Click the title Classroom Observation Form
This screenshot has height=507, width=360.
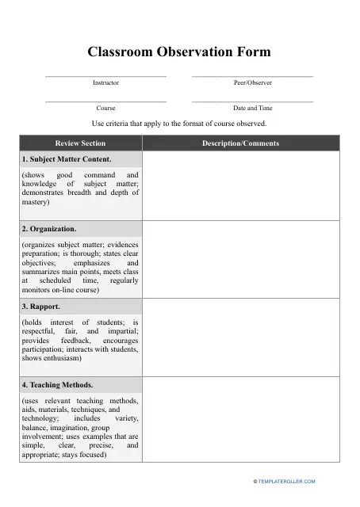pyautogui.click(x=179, y=52)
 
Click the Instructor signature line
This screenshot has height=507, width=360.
pyautogui.click(x=105, y=76)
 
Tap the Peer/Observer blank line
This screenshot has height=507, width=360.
pyautogui.click(x=252, y=76)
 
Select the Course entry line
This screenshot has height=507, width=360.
pyautogui.click(x=105, y=101)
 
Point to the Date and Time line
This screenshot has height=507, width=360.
pyautogui.click(x=252, y=101)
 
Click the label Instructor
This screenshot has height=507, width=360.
pyautogui.click(x=105, y=82)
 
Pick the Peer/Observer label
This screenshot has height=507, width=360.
pyautogui.click(x=252, y=82)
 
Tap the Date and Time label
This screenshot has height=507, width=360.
pyautogui.click(x=252, y=108)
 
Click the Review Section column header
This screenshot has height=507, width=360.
pyautogui.click(x=80, y=143)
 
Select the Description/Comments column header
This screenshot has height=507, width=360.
pyautogui.click(x=240, y=143)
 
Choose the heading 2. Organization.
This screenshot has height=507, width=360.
pyautogui.click(x=49, y=229)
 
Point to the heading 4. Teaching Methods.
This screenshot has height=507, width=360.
pyautogui.click(x=56, y=384)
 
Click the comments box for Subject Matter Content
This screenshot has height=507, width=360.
pyautogui.click(x=240, y=186)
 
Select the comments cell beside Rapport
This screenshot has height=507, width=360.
pyautogui.click(x=240, y=337)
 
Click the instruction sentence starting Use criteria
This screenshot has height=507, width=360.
pyautogui.click(x=179, y=124)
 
